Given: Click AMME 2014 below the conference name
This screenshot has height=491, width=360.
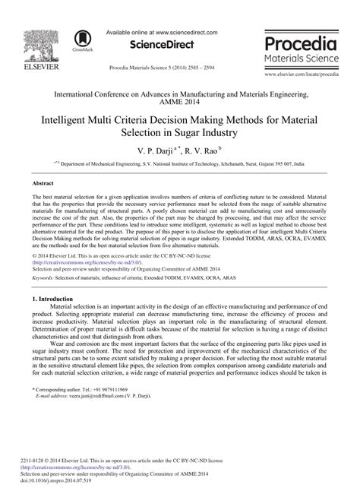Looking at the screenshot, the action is click(x=179, y=105).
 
